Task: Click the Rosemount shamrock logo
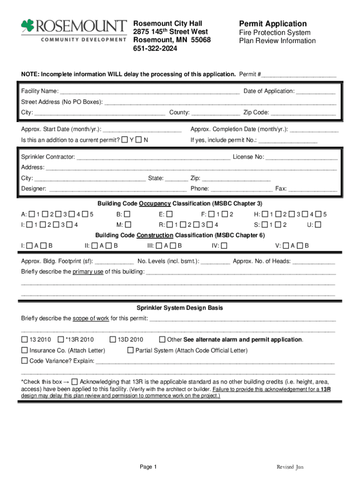(x=27, y=27)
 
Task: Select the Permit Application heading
(x=273, y=24)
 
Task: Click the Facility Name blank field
(x=150, y=92)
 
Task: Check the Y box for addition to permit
(x=124, y=140)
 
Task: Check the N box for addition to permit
(x=138, y=140)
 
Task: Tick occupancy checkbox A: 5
(x=85, y=214)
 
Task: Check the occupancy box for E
(x=169, y=214)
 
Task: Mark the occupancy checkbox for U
(x=318, y=225)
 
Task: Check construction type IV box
(x=224, y=246)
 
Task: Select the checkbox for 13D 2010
(x=113, y=340)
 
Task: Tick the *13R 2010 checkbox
(x=61, y=340)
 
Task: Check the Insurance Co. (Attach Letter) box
(x=24, y=350)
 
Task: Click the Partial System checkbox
(x=130, y=350)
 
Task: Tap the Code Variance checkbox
(x=24, y=361)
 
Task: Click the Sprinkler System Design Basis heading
(x=180, y=308)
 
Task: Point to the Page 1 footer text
(x=148, y=467)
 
